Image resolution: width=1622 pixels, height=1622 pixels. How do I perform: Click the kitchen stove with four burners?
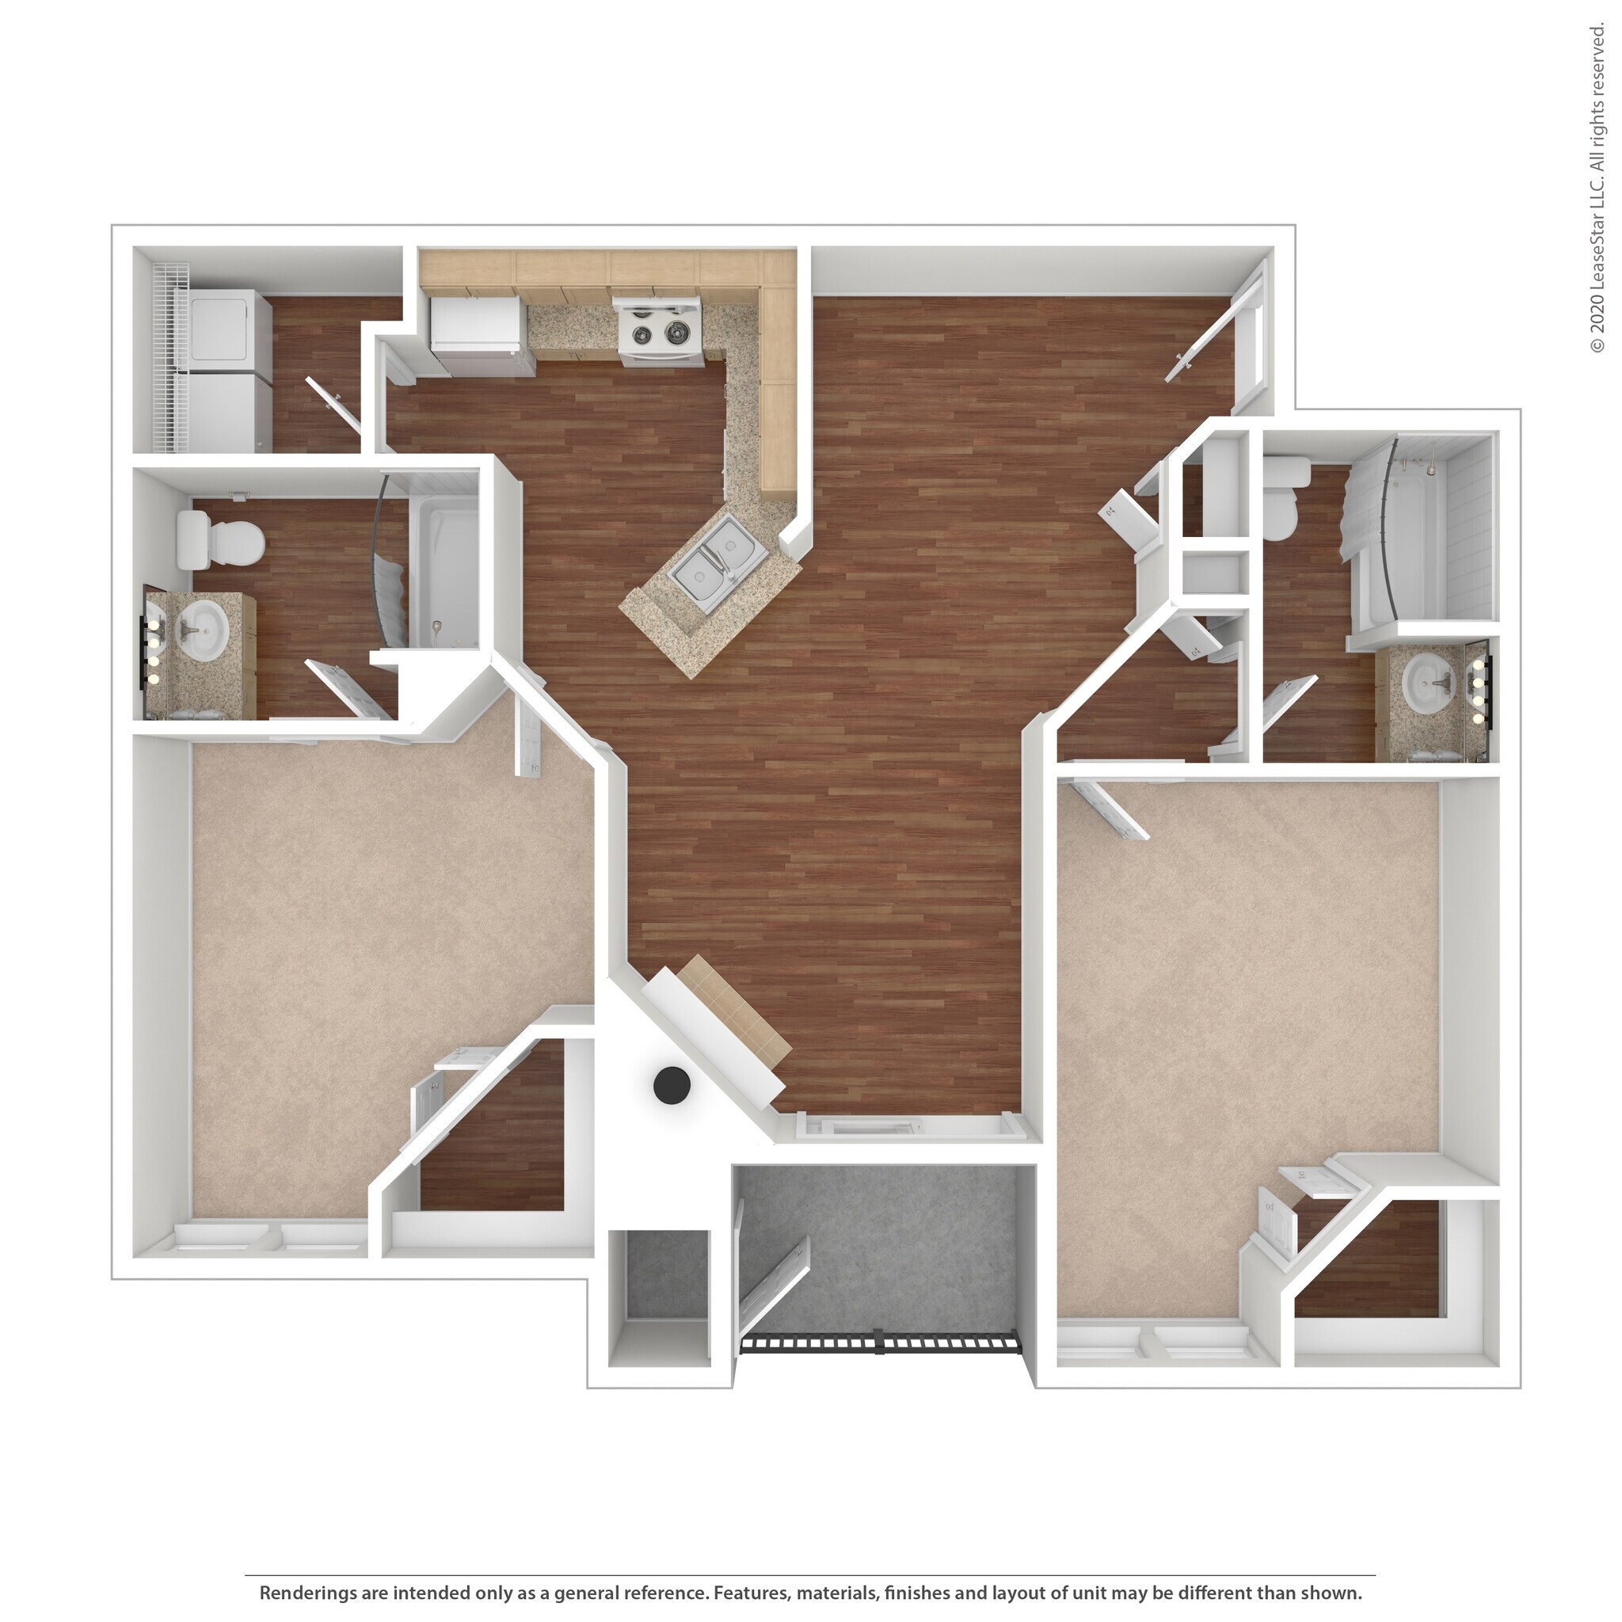(659, 333)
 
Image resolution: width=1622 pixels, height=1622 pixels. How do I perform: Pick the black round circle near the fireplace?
(672, 1086)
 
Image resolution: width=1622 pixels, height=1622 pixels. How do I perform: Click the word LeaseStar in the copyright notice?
(1596, 242)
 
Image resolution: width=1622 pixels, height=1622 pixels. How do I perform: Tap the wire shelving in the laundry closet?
(173, 352)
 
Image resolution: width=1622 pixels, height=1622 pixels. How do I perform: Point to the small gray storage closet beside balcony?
(659, 1285)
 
